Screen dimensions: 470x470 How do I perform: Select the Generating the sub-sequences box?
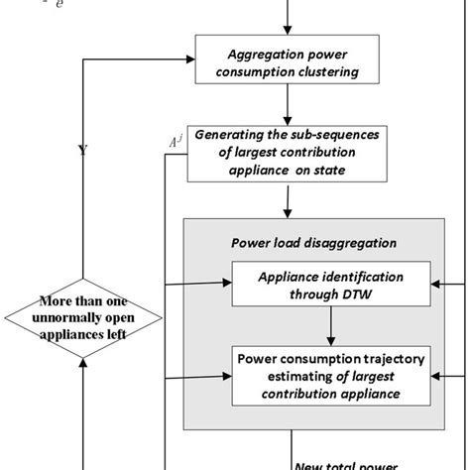287,155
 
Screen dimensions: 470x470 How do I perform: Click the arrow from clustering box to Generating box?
287,103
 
